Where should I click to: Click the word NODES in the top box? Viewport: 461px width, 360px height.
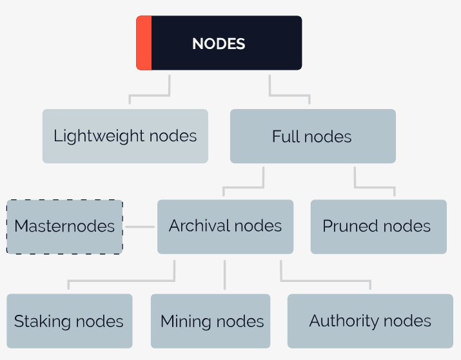(x=219, y=44)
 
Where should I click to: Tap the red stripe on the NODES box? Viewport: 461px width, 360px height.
(x=144, y=43)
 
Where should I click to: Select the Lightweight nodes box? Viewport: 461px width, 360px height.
(x=125, y=136)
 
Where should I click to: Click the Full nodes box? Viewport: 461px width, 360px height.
(x=313, y=136)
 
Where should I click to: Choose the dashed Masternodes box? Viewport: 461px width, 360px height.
(x=64, y=226)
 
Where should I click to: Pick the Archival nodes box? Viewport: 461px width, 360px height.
(x=225, y=226)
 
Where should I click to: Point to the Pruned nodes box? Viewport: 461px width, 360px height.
(x=378, y=226)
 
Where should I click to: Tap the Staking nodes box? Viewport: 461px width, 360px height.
(x=70, y=321)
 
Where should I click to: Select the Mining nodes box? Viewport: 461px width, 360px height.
(x=210, y=321)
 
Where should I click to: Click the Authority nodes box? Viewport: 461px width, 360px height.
(x=370, y=321)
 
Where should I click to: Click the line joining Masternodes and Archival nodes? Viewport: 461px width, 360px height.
(x=140, y=226)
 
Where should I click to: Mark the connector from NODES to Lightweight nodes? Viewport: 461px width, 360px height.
(x=150, y=95)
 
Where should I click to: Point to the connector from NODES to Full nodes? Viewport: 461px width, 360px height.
(x=289, y=95)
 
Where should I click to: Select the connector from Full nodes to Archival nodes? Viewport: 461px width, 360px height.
(x=244, y=187)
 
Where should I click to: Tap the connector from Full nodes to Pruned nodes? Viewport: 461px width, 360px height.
(x=375, y=187)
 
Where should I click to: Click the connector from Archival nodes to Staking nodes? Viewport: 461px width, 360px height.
(x=121, y=281)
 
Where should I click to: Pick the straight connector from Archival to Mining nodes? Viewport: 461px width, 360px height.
(x=224, y=275)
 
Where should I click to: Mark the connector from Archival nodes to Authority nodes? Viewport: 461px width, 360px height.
(x=325, y=281)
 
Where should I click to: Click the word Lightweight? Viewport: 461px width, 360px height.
(x=99, y=137)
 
